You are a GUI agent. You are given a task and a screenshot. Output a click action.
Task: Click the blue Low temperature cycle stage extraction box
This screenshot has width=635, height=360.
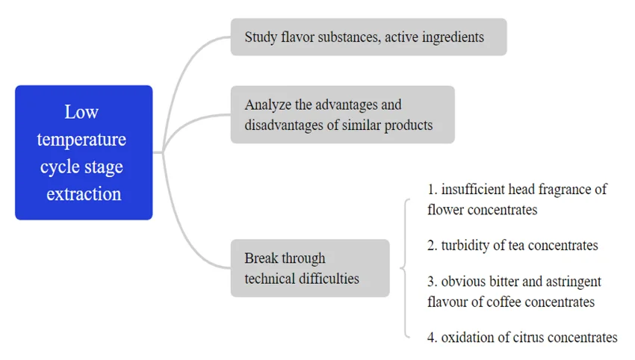coord(84,152)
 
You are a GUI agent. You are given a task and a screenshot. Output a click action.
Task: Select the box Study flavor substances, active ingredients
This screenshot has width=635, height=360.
coord(368,37)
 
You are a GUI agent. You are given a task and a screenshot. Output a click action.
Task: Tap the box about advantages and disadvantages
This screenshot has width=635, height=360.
coord(342,114)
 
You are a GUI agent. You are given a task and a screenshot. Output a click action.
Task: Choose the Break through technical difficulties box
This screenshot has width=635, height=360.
coord(309,268)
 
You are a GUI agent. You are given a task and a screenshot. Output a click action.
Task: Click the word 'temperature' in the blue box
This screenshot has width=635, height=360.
coord(81,140)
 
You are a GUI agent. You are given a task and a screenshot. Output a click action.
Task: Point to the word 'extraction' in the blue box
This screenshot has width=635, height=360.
coord(84,194)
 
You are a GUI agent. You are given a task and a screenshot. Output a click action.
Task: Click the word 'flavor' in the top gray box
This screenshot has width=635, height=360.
coord(297,37)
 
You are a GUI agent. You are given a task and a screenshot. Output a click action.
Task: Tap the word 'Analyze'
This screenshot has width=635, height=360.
coord(267,105)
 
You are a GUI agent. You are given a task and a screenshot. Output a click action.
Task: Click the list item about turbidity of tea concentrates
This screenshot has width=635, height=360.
coord(512,245)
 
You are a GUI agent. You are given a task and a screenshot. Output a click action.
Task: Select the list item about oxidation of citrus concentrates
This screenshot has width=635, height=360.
coord(522,338)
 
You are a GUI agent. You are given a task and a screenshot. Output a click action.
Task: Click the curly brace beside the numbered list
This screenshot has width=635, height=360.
coord(404,268)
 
